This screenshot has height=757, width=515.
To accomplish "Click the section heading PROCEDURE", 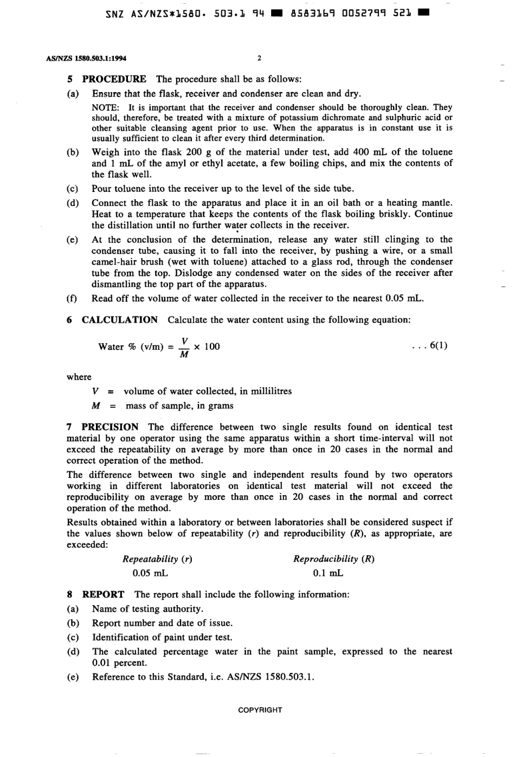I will pos(114,79).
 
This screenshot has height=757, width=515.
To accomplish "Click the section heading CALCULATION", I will pos(119,320).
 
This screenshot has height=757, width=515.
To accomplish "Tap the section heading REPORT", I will pos(103,595).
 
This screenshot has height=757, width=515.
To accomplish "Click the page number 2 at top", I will pos(259,58).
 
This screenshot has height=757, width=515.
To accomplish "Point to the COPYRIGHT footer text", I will pos(260,710).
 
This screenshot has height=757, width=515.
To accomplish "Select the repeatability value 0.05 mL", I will pos(150,573).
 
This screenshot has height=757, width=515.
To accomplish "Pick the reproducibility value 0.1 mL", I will pos(328,573).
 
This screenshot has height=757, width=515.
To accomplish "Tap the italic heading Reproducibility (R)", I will pos(333,559).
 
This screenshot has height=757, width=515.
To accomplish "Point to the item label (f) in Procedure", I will pos(72,299).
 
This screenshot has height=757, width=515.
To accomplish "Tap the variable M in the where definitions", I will pos(95,406).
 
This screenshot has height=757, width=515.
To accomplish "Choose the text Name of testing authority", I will pos(147,610).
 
